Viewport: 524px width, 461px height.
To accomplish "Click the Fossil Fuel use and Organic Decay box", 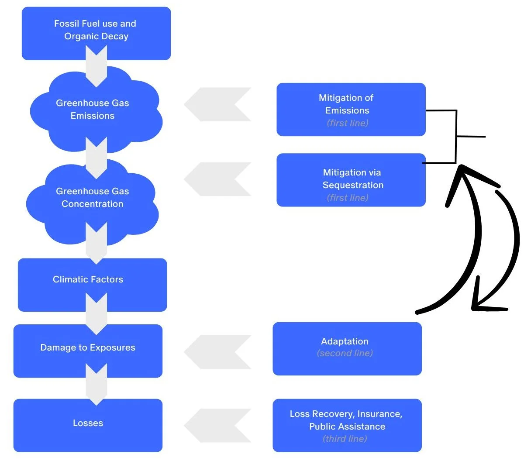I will coord(96,33).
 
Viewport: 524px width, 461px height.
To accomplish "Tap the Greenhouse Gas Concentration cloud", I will coord(93,197).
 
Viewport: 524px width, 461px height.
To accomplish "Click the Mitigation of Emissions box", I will coord(351,109).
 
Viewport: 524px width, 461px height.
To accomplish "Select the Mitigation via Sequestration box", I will coord(351,179).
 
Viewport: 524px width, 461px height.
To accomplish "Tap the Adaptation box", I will coord(347,348).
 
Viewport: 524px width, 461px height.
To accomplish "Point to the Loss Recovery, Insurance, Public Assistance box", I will coord(347,425).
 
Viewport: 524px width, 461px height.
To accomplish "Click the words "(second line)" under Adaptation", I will coord(345,353).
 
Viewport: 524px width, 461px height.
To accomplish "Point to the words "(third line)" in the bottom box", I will coord(345,439).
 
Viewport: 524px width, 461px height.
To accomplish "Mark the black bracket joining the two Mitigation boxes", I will coord(456,137).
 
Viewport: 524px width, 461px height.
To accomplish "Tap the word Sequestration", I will coord(353,185).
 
